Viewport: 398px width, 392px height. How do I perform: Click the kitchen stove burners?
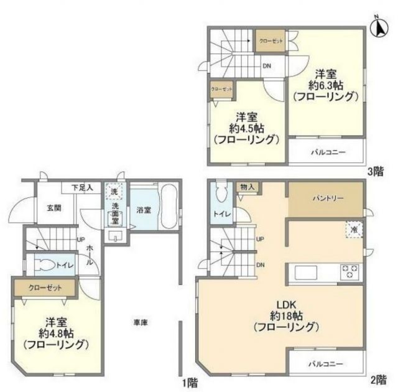tap(350, 272)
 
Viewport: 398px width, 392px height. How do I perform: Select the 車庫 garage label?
tap(141, 322)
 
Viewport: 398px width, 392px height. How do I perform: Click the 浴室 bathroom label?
tap(143, 210)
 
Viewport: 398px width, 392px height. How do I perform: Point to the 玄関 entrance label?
tap(53, 208)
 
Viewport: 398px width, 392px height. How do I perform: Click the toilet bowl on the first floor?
tap(45, 265)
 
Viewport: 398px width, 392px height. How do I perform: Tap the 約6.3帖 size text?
tap(326, 83)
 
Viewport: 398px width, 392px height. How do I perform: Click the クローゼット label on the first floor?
tap(43, 287)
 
